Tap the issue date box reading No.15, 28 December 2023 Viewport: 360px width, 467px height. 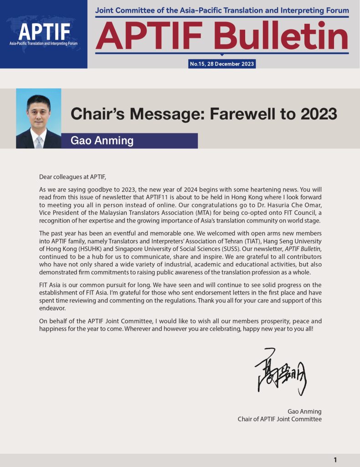tap(222, 64)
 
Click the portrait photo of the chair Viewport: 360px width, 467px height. tap(38, 118)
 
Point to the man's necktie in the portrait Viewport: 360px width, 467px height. tap(39, 142)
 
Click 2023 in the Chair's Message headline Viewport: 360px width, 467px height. tap(317, 114)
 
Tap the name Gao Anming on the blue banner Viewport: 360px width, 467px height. tap(102, 140)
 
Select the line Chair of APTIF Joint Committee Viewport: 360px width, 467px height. tap(279, 419)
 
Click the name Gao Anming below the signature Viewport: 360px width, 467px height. tap(304, 410)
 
